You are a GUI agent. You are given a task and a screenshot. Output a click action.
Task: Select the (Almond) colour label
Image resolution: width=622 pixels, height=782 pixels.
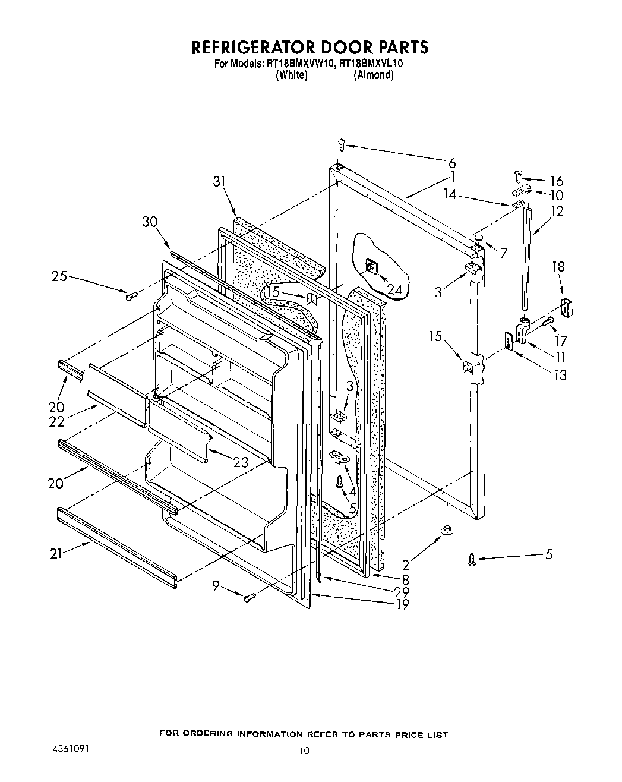(373, 75)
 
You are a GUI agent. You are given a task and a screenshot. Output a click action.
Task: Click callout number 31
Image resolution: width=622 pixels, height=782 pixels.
(220, 182)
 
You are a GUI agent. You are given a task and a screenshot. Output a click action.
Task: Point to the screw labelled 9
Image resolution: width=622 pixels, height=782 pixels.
(250, 596)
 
